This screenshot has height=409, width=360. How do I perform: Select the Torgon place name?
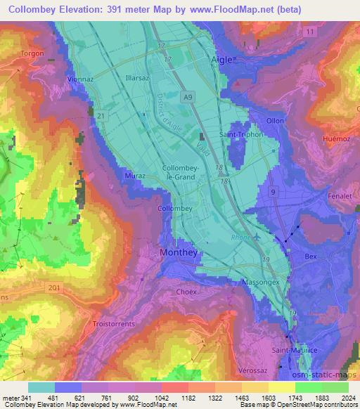coord(32,53)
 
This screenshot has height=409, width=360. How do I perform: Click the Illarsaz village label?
coord(137,78)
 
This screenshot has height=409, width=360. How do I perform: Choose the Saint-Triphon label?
coord(241,134)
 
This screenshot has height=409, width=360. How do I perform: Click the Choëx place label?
coord(186,291)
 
